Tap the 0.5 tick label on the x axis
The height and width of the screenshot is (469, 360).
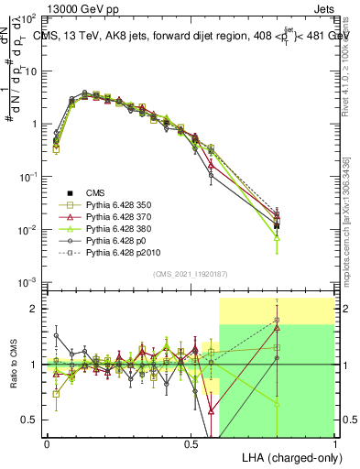[x=191, y=442]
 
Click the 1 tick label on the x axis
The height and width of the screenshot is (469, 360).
[x=334, y=442]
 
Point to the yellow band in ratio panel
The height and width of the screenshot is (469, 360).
[x=275, y=310]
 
